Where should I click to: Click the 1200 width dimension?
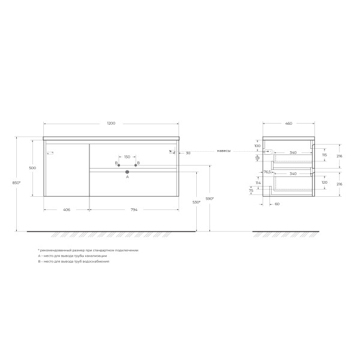click(x=111, y=124)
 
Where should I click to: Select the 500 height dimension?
click(x=32, y=168)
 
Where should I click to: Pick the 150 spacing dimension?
click(x=127, y=157)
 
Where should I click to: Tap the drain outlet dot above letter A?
click(x=127, y=173)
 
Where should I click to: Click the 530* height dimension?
click(x=196, y=202)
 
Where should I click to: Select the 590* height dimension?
click(x=210, y=198)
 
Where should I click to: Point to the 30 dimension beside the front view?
click(x=188, y=152)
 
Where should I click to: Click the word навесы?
click(x=223, y=151)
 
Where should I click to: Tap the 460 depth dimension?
click(x=288, y=124)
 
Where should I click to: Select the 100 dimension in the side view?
click(x=257, y=146)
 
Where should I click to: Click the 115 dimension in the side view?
click(x=324, y=155)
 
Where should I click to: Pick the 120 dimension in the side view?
click(x=324, y=182)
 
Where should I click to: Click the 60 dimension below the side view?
click(x=277, y=204)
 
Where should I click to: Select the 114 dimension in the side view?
click(x=257, y=183)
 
